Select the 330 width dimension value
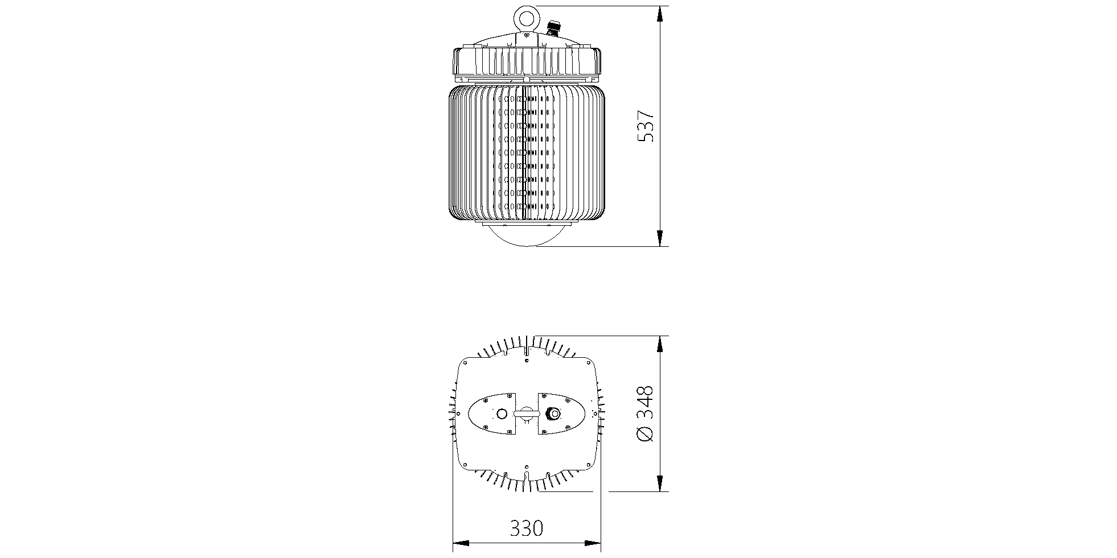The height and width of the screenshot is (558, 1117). click(527, 528)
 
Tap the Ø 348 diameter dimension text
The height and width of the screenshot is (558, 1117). click(644, 414)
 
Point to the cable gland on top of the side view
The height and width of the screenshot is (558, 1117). click(552, 28)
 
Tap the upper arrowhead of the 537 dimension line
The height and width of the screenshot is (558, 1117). click(660, 14)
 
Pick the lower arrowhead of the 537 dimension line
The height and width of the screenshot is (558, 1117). click(660, 238)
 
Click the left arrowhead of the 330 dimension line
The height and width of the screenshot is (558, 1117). click(461, 543)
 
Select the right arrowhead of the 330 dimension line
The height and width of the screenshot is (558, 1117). click(593, 543)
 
